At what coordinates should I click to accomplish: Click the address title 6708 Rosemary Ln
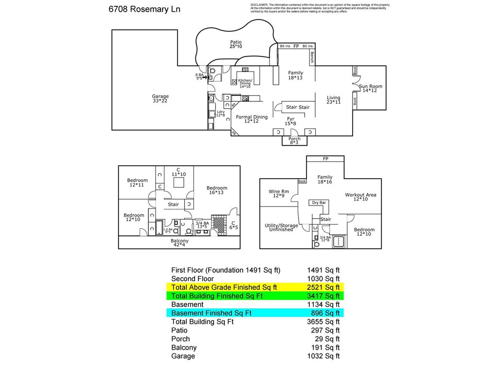click(x=144, y=9)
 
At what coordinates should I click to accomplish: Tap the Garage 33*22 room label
click(x=160, y=98)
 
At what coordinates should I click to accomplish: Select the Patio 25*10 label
click(x=236, y=44)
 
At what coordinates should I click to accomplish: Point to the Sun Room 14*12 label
click(x=371, y=88)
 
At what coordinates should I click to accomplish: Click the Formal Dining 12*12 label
click(x=251, y=119)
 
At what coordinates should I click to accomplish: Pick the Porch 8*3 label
click(x=294, y=141)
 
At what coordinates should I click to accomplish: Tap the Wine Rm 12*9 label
click(x=279, y=193)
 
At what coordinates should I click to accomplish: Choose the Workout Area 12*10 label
click(x=361, y=197)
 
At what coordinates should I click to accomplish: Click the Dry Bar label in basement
click(x=319, y=203)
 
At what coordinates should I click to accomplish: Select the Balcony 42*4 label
click(x=179, y=243)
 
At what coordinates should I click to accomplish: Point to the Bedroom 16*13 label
click(x=217, y=190)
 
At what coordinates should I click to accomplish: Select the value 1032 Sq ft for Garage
click(x=323, y=356)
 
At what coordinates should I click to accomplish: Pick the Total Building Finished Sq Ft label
click(x=217, y=296)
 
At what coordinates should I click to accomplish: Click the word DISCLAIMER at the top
click(x=259, y=5)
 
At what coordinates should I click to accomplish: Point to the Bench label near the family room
click(x=312, y=58)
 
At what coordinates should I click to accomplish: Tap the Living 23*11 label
click(x=334, y=100)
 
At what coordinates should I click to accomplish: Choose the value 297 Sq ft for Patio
click(x=325, y=330)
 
